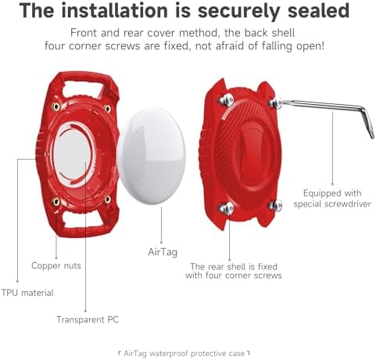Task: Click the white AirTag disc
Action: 152,155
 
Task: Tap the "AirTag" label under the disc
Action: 163,252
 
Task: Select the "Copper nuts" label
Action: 56,265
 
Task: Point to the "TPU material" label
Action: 27,293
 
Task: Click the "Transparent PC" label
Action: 88,319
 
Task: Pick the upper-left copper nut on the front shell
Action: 56,106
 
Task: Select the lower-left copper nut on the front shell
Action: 56,201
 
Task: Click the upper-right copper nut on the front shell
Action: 107,108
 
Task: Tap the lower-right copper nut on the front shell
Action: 108,200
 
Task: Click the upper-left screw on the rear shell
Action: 227,99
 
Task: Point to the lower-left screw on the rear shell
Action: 227,208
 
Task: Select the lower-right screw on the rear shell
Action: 276,206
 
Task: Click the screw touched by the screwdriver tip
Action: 276,103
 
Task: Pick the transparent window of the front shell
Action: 73,154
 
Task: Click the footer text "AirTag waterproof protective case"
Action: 184,354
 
